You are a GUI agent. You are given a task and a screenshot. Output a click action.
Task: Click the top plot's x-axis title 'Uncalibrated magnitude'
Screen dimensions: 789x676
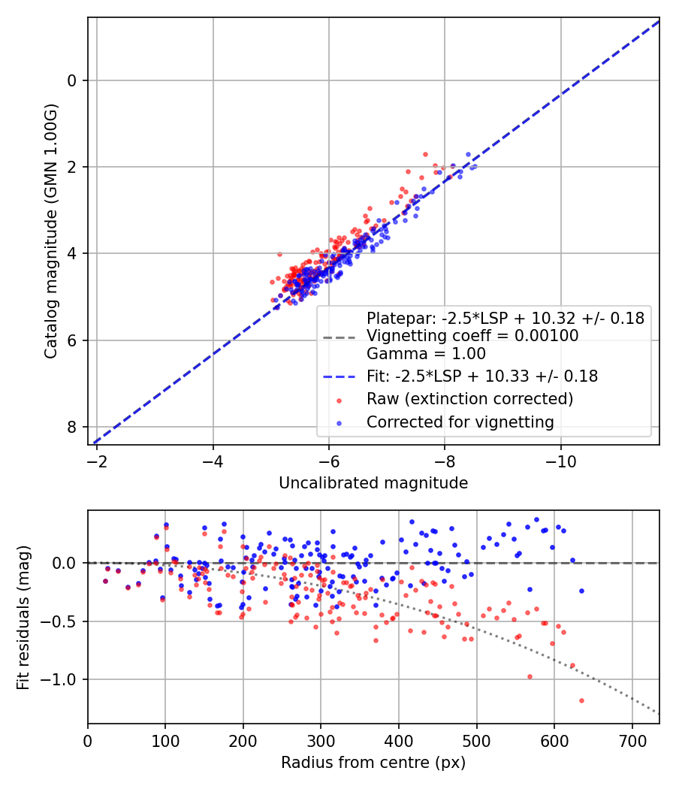pyautogui.click(x=373, y=483)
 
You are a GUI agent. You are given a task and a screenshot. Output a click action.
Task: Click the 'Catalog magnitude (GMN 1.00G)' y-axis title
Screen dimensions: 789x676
pyautogui.click(x=50, y=231)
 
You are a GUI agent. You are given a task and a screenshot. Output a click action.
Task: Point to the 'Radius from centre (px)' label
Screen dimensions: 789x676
pyautogui.click(x=373, y=763)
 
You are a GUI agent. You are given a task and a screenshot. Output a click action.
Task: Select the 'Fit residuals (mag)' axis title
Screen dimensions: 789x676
pyautogui.click(x=23, y=618)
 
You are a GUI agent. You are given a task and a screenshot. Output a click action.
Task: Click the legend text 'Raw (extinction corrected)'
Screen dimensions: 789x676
pyautogui.click(x=469, y=398)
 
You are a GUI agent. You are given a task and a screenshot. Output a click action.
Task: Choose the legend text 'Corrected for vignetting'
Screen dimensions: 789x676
pyautogui.click(x=460, y=422)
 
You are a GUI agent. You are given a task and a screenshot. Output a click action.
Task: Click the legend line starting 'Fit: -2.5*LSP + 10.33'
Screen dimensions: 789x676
pyautogui.click(x=481, y=376)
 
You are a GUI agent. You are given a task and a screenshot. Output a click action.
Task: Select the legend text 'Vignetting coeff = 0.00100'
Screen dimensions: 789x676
pyautogui.click(x=472, y=336)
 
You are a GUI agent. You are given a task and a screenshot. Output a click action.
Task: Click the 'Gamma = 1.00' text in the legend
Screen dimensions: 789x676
pyautogui.click(x=426, y=353)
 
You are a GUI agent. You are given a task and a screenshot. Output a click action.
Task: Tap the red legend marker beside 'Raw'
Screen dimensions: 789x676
pyautogui.click(x=338, y=399)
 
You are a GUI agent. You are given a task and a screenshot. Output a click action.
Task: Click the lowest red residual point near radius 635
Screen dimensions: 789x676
pyautogui.click(x=581, y=700)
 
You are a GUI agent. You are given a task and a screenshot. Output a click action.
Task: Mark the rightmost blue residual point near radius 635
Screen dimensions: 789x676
pyautogui.click(x=581, y=591)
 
